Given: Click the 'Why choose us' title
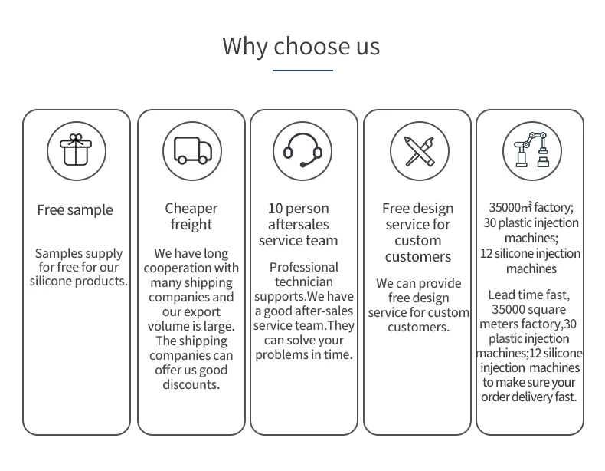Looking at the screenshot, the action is [301, 46].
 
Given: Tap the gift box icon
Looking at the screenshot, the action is [76, 150].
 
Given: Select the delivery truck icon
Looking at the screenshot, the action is [191, 150].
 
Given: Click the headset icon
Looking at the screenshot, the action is [303, 150].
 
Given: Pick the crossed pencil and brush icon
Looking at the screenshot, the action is [419, 150].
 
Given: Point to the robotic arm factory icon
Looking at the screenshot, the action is [531, 150].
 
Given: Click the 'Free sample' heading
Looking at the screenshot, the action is [75, 210].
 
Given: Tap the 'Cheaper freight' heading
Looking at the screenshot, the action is [191, 216].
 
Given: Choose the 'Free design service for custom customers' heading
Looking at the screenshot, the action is [418, 232].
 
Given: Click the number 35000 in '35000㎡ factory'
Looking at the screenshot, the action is [504, 207].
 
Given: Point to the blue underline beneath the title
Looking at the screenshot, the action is [302, 71].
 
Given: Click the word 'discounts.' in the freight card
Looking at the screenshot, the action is [191, 384].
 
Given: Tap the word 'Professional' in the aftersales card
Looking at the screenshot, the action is [303, 267].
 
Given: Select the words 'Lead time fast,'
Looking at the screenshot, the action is [529, 295].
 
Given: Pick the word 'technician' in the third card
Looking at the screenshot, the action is [303, 282].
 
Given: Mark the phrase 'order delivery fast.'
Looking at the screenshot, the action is [529, 397].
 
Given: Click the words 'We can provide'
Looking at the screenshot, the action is [418, 283].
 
